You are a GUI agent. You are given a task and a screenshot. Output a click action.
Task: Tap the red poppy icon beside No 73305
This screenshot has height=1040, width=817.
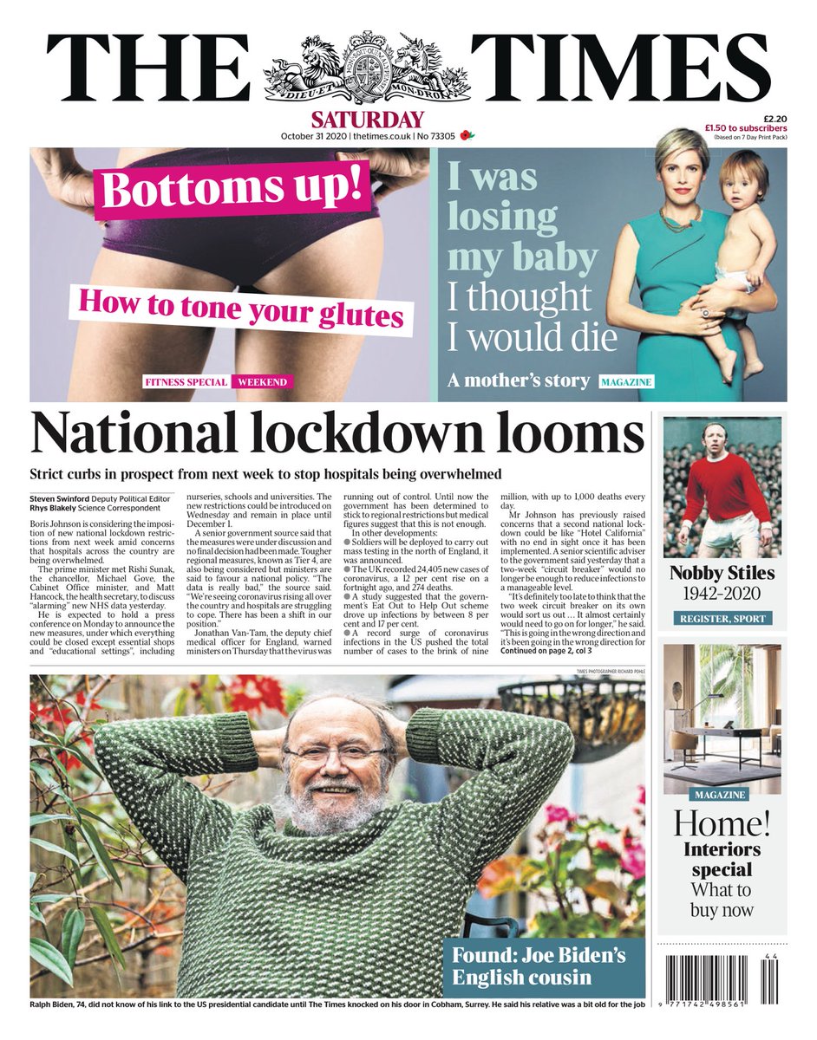point(468,136)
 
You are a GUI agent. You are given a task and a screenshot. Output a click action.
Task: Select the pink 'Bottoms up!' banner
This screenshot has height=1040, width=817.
point(234,188)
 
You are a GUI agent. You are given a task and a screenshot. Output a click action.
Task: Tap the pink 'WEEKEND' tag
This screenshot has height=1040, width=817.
point(261,382)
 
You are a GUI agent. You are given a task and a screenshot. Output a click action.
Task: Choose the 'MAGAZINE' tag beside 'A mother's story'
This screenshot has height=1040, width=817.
point(624,382)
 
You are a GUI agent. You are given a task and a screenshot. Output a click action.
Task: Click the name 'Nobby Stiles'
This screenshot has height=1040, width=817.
point(722,574)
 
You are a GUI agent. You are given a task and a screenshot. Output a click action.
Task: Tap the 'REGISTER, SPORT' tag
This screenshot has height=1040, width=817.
point(722,619)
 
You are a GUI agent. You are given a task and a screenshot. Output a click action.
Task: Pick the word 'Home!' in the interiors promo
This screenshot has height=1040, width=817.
point(722,822)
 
